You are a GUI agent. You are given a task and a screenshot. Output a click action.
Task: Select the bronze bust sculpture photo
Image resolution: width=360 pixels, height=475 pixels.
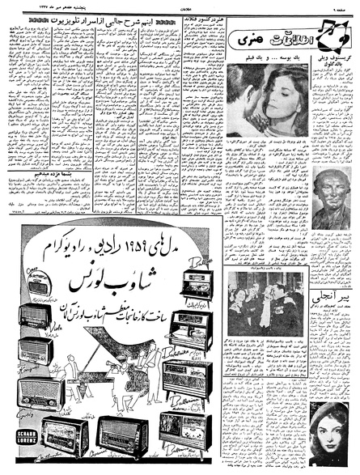(x=332, y=199)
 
